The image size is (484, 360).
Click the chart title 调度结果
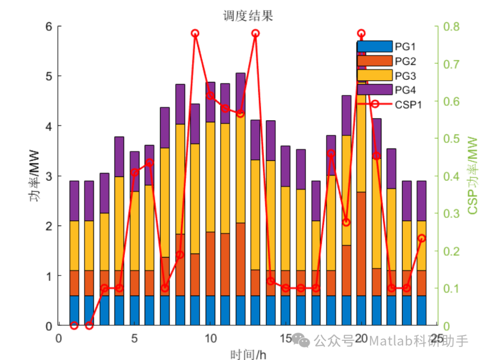[248, 17]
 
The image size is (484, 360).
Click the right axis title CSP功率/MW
[472, 176]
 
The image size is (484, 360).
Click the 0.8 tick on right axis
[451, 26]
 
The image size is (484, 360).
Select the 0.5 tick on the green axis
[451, 139]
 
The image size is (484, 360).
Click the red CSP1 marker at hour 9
[195, 34]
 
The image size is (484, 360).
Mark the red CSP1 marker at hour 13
[255, 34]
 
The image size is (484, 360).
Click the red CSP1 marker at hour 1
[74, 326]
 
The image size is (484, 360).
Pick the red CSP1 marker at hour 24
[421, 239]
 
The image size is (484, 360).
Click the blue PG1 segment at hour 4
[119, 310]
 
